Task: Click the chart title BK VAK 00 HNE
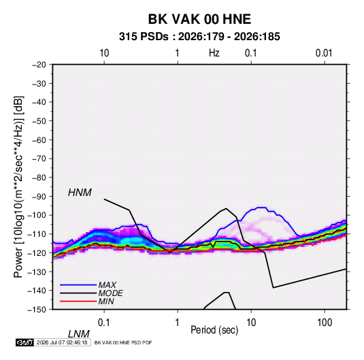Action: click(x=199, y=19)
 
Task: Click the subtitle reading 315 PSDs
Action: click(x=144, y=37)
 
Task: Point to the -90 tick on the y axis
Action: click(x=39, y=197)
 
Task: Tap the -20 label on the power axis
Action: click(x=39, y=65)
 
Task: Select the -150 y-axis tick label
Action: click(x=37, y=310)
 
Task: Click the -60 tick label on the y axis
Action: click(x=39, y=140)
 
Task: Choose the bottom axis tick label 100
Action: click(x=325, y=323)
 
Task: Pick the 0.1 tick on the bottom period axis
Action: click(x=104, y=323)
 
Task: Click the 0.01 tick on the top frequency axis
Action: click(x=324, y=53)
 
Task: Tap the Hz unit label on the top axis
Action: click(x=214, y=53)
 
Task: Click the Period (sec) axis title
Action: click(x=214, y=330)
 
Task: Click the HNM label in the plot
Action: click(x=80, y=193)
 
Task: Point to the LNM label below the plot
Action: click(x=79, y=334)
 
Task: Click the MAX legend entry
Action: click(x=107, y=285)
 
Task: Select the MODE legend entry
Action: click(x=110, y=293)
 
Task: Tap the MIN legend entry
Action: click(x=106, y=301)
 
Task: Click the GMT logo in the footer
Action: click(x=24, y=342)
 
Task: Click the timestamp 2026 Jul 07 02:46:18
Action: click(x=62, y=342)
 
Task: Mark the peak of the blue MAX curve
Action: click(x=262, y=208)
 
